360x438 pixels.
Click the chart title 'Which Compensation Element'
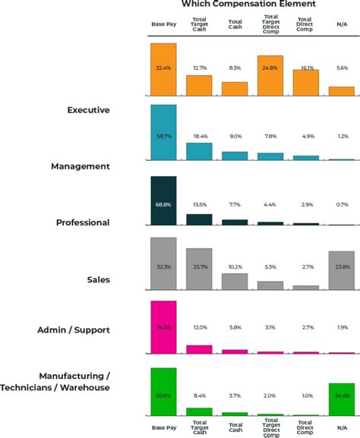coord(248,5)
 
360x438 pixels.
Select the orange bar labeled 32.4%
coord(163,69)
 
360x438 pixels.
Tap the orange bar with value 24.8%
coord(270,75)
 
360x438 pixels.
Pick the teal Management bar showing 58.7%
coord(163,132)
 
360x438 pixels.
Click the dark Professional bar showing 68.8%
coord(163,201)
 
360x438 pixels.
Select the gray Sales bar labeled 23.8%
coord(341,270)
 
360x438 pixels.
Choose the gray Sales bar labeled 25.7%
coord(199,269)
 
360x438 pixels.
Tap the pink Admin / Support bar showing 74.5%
coord(163,327)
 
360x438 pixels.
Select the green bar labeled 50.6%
coord(163,392)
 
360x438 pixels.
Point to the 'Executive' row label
coord(89,110)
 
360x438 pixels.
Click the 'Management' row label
coord(81,166)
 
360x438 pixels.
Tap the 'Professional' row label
coord(83,223)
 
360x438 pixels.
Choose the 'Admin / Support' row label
coord(74,330)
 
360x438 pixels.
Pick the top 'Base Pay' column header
coord(163,24)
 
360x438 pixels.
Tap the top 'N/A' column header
coord(341,24)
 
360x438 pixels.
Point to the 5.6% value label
coord(341,68)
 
